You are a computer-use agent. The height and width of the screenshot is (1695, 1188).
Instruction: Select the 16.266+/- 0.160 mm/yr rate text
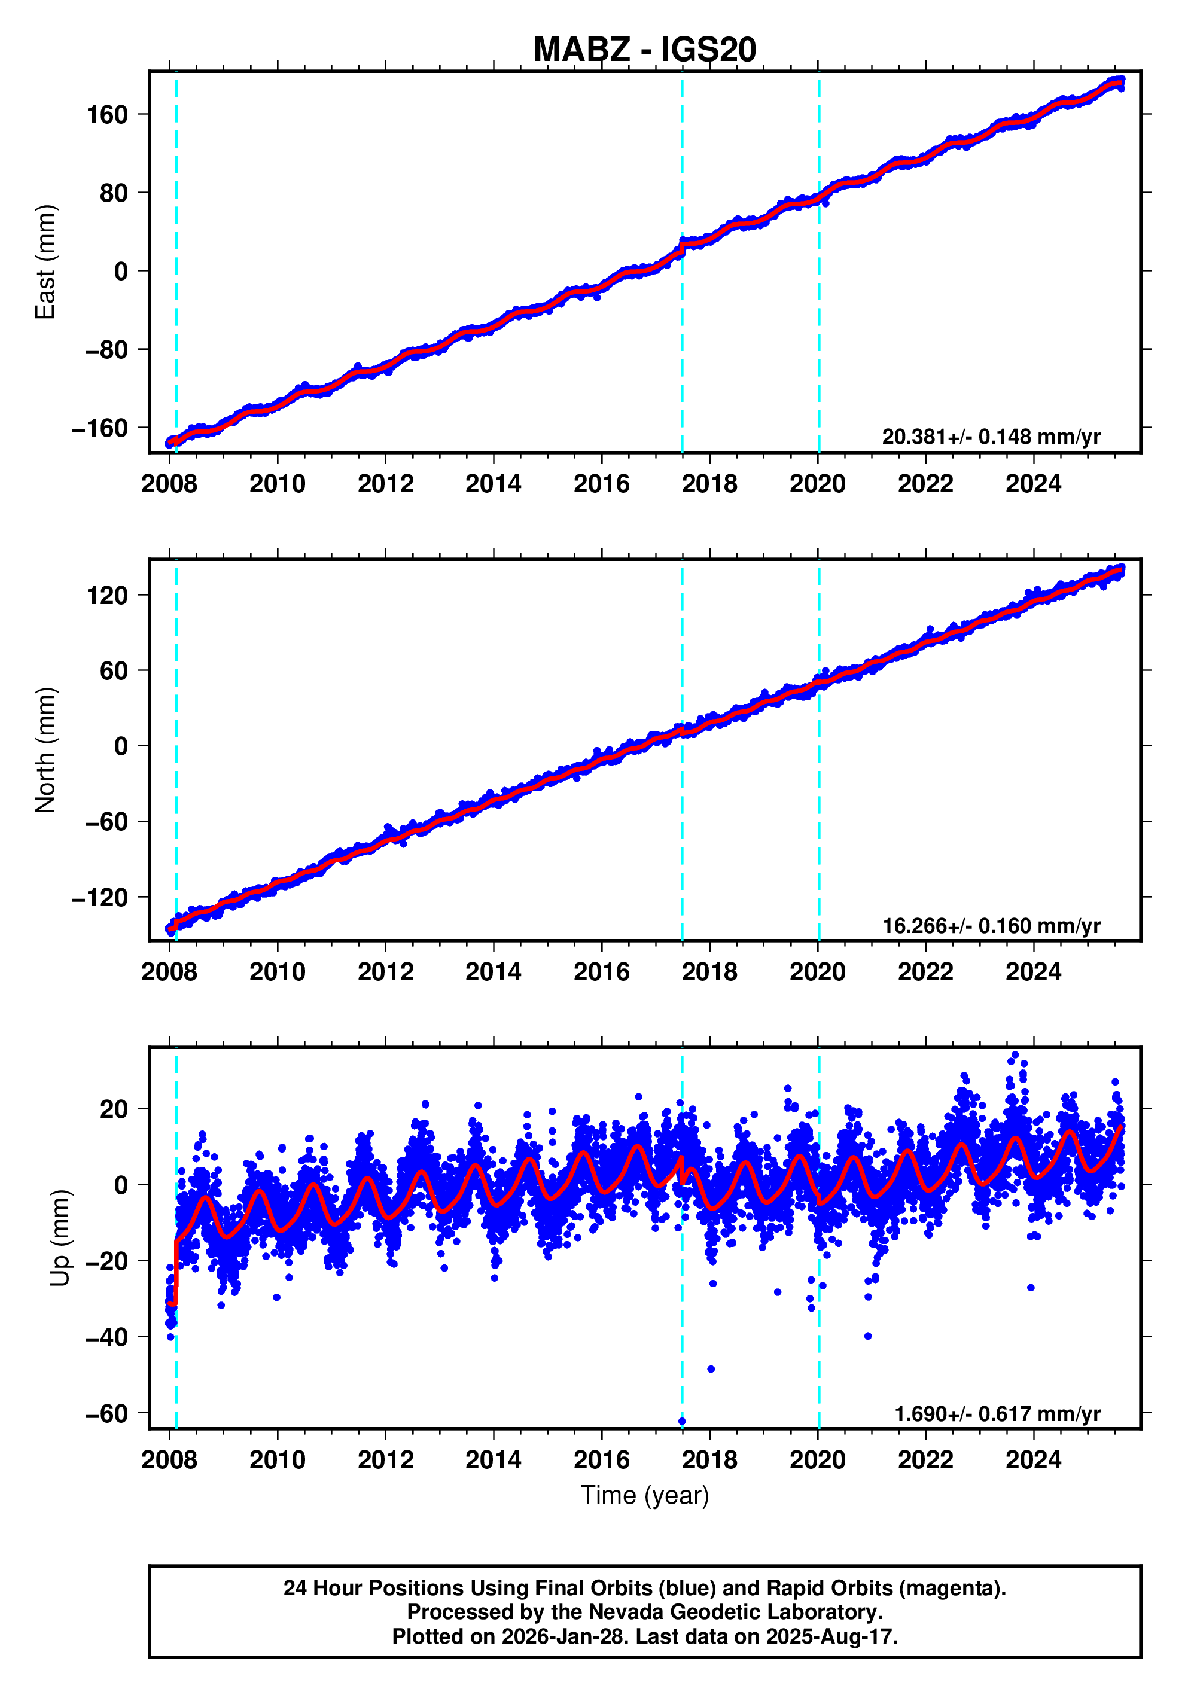point(991,925)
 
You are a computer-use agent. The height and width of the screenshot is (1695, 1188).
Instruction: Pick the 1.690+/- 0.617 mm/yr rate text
point(997,1414)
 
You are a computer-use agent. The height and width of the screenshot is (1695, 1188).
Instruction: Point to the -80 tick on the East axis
point(106,349)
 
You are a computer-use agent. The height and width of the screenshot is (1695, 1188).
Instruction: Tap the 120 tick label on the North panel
point(107,595)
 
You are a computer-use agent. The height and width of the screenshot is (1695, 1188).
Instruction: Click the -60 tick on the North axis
point(106,822)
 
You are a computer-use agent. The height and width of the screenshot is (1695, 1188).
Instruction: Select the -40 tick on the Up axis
point(106,1337)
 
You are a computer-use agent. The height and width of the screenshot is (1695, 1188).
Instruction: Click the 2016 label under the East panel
point(601,484)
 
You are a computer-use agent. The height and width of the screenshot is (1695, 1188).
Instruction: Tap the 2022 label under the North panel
point(925,973)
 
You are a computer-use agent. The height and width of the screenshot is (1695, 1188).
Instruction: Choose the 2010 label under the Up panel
point(277,1460)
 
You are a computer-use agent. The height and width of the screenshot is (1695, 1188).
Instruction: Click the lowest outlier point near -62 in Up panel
point(681,1420)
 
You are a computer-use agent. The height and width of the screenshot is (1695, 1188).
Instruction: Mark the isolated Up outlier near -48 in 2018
point(710,1368)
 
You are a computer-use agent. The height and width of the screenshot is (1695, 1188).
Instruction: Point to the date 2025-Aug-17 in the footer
point(829,1636)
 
